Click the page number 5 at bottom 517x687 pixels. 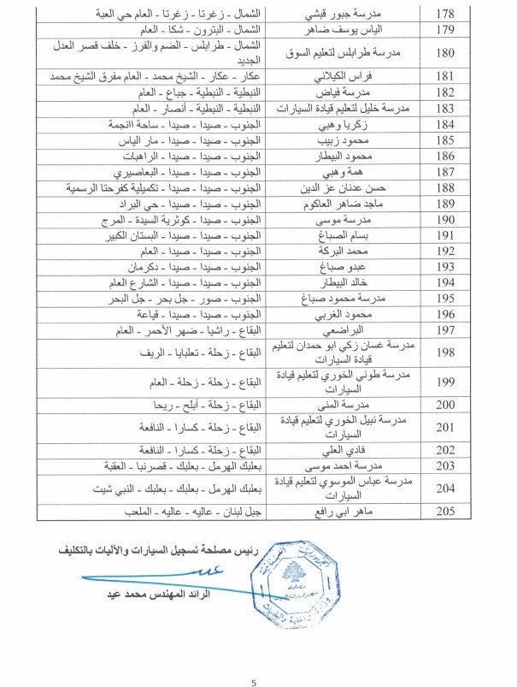point(254,659)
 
